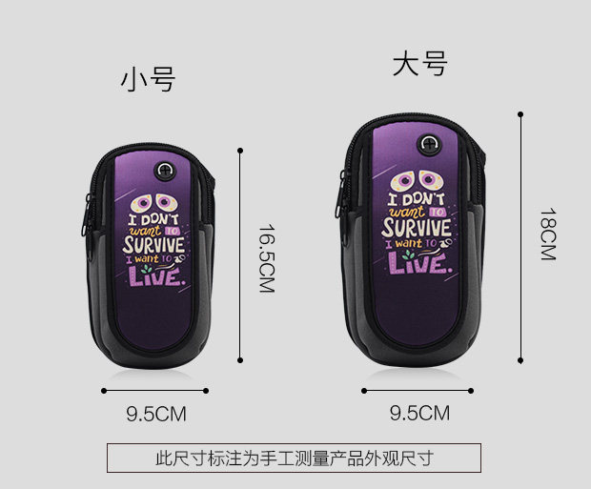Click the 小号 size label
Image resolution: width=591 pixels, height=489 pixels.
coord(148,80)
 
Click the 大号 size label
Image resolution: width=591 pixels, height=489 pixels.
coord(419,65)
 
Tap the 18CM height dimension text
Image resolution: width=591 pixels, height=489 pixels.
coord(547,234)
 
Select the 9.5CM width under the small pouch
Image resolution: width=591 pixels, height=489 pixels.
coord(155,414)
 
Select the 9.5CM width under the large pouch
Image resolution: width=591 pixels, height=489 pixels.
coord(419,413)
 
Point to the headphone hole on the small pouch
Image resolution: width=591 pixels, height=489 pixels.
coord(165,172)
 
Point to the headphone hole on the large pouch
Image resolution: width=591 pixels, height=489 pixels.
coord(430,146)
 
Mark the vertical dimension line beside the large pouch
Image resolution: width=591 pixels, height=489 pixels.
coord(520,238)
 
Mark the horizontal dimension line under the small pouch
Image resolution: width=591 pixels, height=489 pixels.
coord(155,390)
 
